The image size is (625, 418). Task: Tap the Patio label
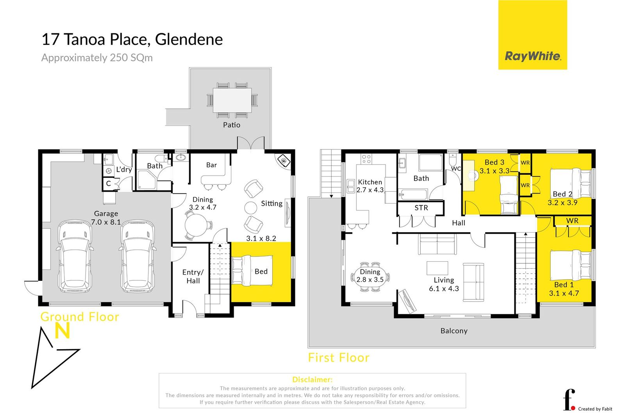click(232, 125)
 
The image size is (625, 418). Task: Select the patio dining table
click(232, 100)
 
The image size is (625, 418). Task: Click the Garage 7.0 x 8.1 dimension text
click(106, 222)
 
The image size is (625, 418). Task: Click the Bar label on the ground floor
click(211, 165)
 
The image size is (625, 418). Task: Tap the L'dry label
click(124, 169)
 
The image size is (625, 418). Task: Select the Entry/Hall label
click(193, 276)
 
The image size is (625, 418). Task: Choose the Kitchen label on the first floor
click(370, 182)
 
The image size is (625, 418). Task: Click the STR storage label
click(421, 208)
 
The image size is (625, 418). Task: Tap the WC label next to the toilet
click(456, 169)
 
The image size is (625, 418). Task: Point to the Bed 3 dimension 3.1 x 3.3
click(495, 170)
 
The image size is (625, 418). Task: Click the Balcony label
click(454, 331)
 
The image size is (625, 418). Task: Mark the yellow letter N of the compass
click(62, 331)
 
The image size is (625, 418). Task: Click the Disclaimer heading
click(312, 379)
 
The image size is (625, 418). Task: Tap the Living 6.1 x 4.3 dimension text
click(444, 289)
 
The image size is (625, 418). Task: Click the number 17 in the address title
click(50, 39)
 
